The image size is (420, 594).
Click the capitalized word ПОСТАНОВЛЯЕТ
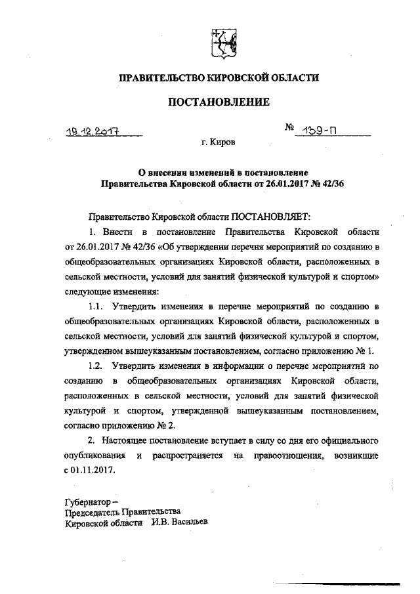click(268, 215)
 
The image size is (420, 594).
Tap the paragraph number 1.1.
click(96, 306)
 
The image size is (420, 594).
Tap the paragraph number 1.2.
click(96, 366)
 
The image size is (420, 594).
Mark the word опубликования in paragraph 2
click(94, 457)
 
